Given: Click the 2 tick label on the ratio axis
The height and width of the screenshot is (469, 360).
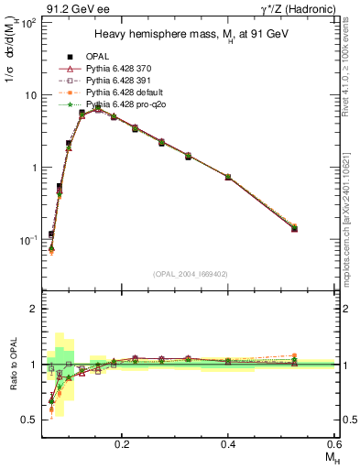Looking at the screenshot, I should pyautogui.click(x=31, y=309).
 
